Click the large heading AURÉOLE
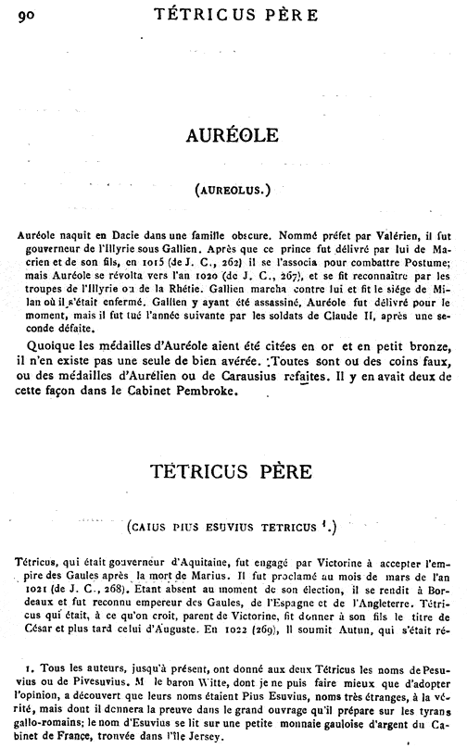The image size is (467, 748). point(233,136)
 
